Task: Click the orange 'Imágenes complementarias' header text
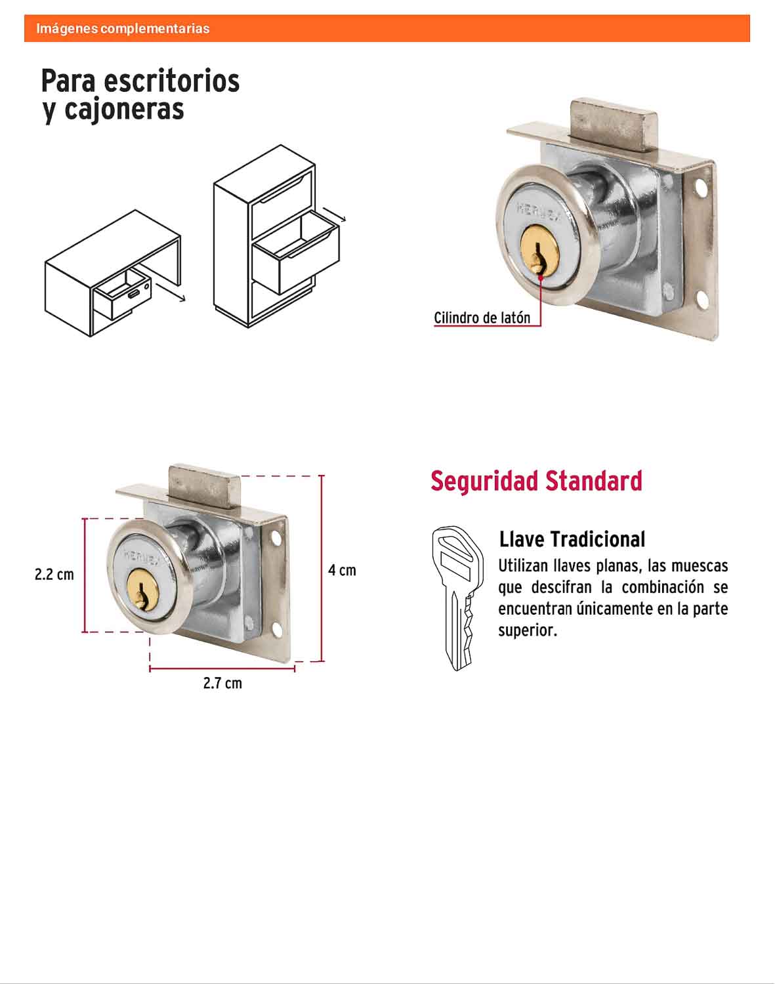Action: (x=123, y=29)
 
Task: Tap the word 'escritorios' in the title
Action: (x=171, y=81)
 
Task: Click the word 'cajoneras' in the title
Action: (x=124, y=110)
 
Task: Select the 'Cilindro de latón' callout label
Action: (x=482, y=318)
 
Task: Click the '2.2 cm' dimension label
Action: (x=54, y=574)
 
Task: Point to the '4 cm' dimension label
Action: (x=342, y=570)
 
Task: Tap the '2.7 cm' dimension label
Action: (x=222, y=683)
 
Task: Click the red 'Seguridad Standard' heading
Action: (x=536, y=481)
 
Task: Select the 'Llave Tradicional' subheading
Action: (x=572, y=539)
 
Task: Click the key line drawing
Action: (x=457, y=598)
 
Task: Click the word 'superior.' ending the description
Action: (x=528, y=630)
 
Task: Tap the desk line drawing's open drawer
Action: (x=122, y=295)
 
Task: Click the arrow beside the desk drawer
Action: (x=170, y=292)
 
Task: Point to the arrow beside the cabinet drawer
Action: (x=335, y=215)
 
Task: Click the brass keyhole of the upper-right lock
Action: (x=540, y=253)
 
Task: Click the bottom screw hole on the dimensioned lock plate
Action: (x=277, y=630)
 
